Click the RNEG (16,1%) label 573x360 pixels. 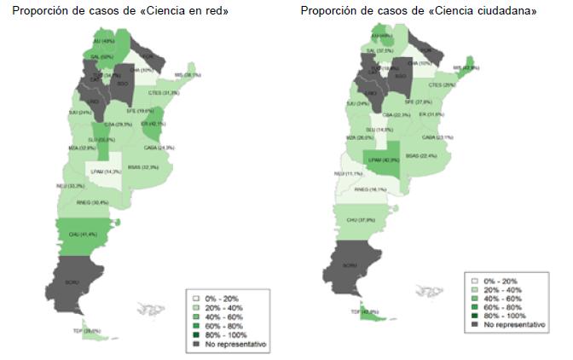pyautogui.click(x=369, y=189)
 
